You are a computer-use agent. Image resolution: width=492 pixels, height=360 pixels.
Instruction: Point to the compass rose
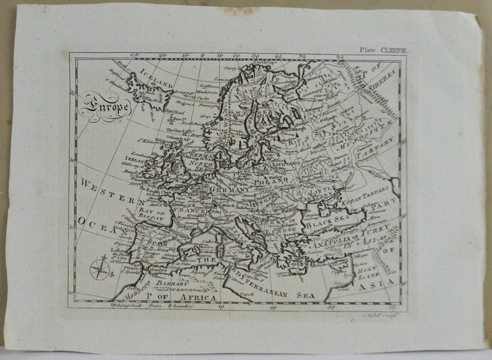coord(100,268)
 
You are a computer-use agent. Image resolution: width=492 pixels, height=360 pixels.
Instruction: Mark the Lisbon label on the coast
coord(115,249)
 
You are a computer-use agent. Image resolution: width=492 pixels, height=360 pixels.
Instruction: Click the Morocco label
coord(135,286)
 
